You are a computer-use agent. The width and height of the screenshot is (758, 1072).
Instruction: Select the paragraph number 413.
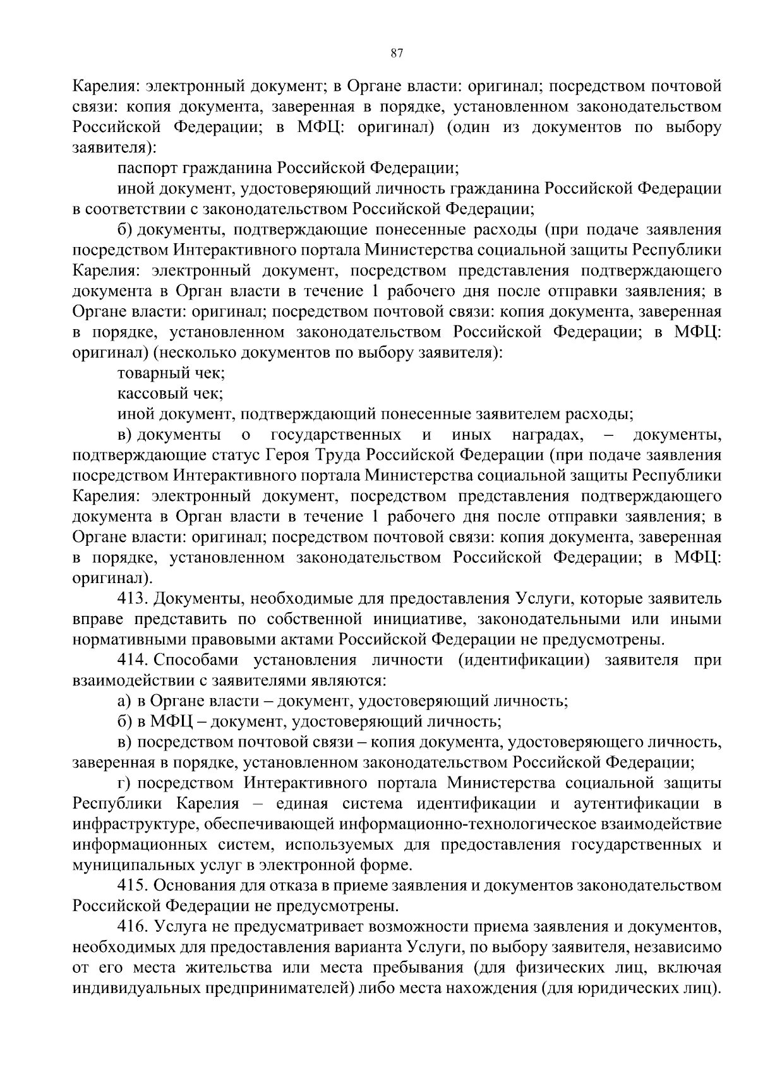pos(133,599)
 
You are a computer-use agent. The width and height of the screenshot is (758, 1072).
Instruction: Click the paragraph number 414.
pos(133,660)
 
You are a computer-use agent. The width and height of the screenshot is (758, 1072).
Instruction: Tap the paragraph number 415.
pos(133,886)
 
